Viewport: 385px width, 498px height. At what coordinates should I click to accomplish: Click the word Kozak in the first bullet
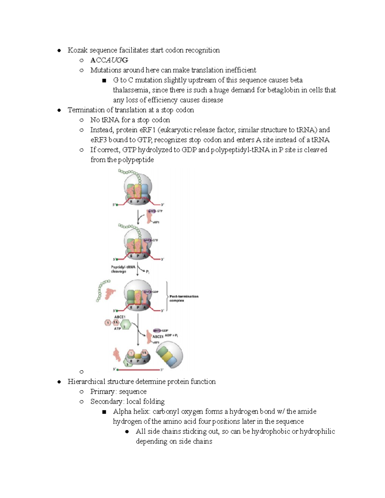click(x=77, y=50)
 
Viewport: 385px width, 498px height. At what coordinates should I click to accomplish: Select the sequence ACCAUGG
click(x=109, y=60)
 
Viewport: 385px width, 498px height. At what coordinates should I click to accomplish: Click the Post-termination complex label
click(x=184, y=298)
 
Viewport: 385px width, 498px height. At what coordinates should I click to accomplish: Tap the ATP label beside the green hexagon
click(x=117, y=329)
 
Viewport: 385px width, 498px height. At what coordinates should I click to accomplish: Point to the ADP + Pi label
click(x=171, y=335)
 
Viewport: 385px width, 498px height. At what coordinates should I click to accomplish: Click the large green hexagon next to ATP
click(x=126, y=324)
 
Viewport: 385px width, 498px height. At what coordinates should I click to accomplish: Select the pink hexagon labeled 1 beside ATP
click(x=108, y=323)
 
